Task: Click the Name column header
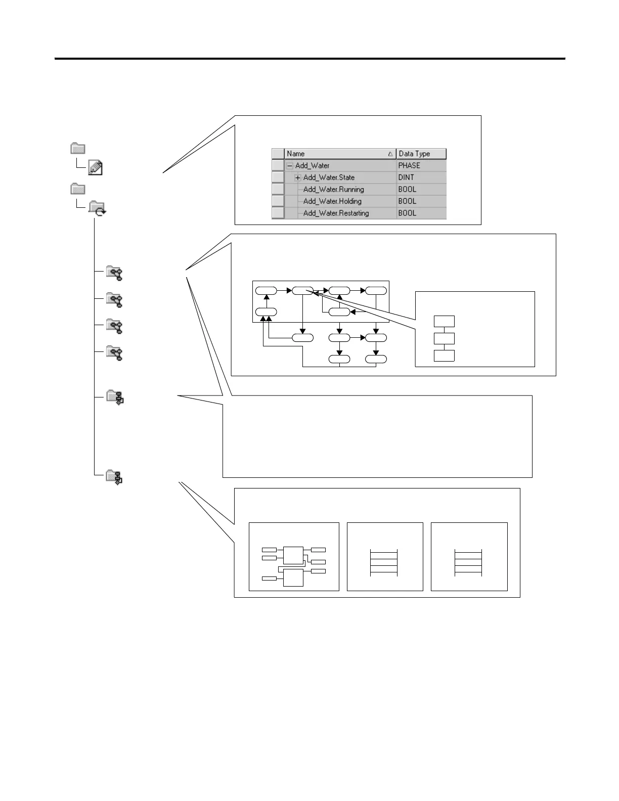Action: (x=296, y=154)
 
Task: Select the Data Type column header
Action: (x=414, y=154)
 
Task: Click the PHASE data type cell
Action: (x=409, y=165)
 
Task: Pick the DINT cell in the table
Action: (x=406, y=177)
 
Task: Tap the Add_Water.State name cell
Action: (x=329, y=177)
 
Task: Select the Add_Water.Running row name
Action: (x=333, y=190)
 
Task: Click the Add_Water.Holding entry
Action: (x=332, y=201)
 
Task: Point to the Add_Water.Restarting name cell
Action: (x=336, y=213)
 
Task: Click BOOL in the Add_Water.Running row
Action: (x=407, y=190)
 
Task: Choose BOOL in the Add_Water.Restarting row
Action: (x=407, y=213)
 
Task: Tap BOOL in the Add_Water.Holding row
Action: (x=407, y=201)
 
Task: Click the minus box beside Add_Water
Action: (x=290, y=166)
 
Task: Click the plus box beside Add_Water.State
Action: (x=298, y=177)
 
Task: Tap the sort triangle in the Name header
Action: (x=390, y=154)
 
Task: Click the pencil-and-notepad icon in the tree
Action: (x=95, y=167)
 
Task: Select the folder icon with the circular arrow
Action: (x=97, y=208)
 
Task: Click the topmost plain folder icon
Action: (x=77, y=148)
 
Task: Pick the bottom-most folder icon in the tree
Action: (x=114, y=477)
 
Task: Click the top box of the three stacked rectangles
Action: (x=444, y=321)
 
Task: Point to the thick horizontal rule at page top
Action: (x=309, y=59)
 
